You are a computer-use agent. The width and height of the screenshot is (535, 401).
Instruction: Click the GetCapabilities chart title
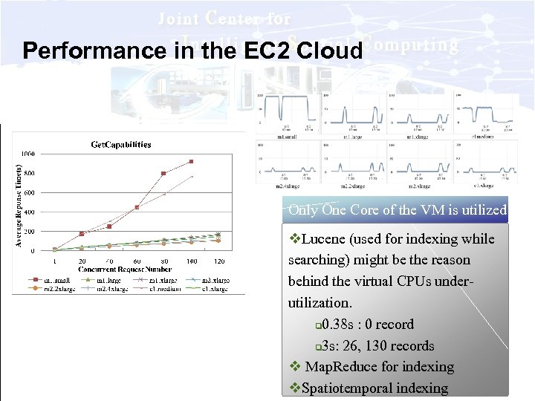[x=120, y=144]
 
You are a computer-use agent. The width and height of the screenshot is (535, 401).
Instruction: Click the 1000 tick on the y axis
[x=27, y=154]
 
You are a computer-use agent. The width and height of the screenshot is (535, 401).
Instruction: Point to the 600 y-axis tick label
[x=27, y=193]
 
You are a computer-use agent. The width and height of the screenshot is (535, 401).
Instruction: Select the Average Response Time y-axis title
[x=19, y=206]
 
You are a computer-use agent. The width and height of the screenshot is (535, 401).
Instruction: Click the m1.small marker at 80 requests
[x=163, y=174]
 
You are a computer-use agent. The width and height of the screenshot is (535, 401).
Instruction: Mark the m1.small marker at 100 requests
[x=191, y=161]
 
